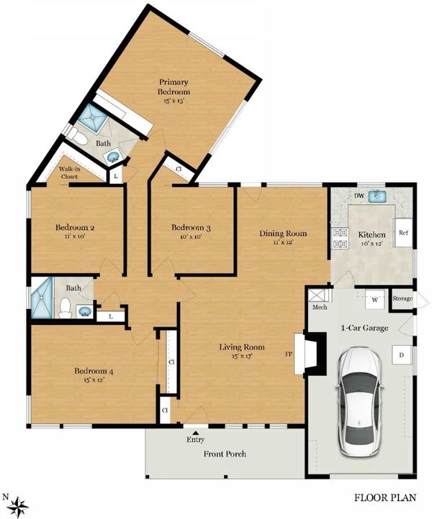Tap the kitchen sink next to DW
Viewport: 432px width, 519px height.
click(x=377, y=196)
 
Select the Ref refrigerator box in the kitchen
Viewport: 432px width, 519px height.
click(x=403, y=232)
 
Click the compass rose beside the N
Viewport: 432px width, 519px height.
click(x=18, y=507)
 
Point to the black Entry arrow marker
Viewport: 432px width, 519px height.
click(x=196, y=432)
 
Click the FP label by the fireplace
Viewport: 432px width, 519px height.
click(x=289, y=354)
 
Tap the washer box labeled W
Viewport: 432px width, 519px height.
click(x=374, y=300)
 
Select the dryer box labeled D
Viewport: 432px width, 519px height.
click(x=401, y=355)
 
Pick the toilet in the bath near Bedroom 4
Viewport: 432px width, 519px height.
click(x=65, y=308)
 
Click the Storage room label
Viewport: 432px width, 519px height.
click(x=402, y=298)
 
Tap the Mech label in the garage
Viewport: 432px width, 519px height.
click(x=320, y=307)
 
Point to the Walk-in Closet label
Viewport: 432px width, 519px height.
click(x=70, y=173)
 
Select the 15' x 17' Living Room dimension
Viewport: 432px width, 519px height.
click(x=243, y=356)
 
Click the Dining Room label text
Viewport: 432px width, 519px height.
click(x=283, y=234)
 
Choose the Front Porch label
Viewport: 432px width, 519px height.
click(x=225, y=454)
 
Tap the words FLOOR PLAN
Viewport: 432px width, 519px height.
click(x=385, y=497)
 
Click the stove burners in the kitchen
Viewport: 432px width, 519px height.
click(x=340, y=238)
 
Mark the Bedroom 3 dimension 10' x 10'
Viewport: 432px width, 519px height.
click(x=191, y=236)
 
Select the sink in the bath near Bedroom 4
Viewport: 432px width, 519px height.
click(x=85, y=311)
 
